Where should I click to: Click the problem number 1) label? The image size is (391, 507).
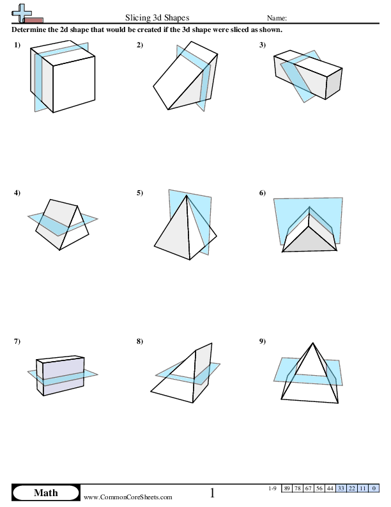pos(17,45)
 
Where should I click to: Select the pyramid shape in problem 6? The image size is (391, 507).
pos(309,234)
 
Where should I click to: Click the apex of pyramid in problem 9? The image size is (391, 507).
pos(312,344)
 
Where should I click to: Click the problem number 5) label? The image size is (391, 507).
pos(140,193)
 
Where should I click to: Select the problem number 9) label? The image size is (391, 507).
pos(263,341)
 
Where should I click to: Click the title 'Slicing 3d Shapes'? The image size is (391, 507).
pos(157,18)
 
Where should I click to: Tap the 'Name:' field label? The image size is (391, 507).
pos(277,19)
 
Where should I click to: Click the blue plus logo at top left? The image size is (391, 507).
pos(22,12)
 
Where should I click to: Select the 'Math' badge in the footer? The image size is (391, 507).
pos(45,492)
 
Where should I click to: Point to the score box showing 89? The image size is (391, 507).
pos(287,488)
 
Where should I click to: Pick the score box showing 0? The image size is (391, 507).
pos(374,488)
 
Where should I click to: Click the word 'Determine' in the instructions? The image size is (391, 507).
pos(30,29)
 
